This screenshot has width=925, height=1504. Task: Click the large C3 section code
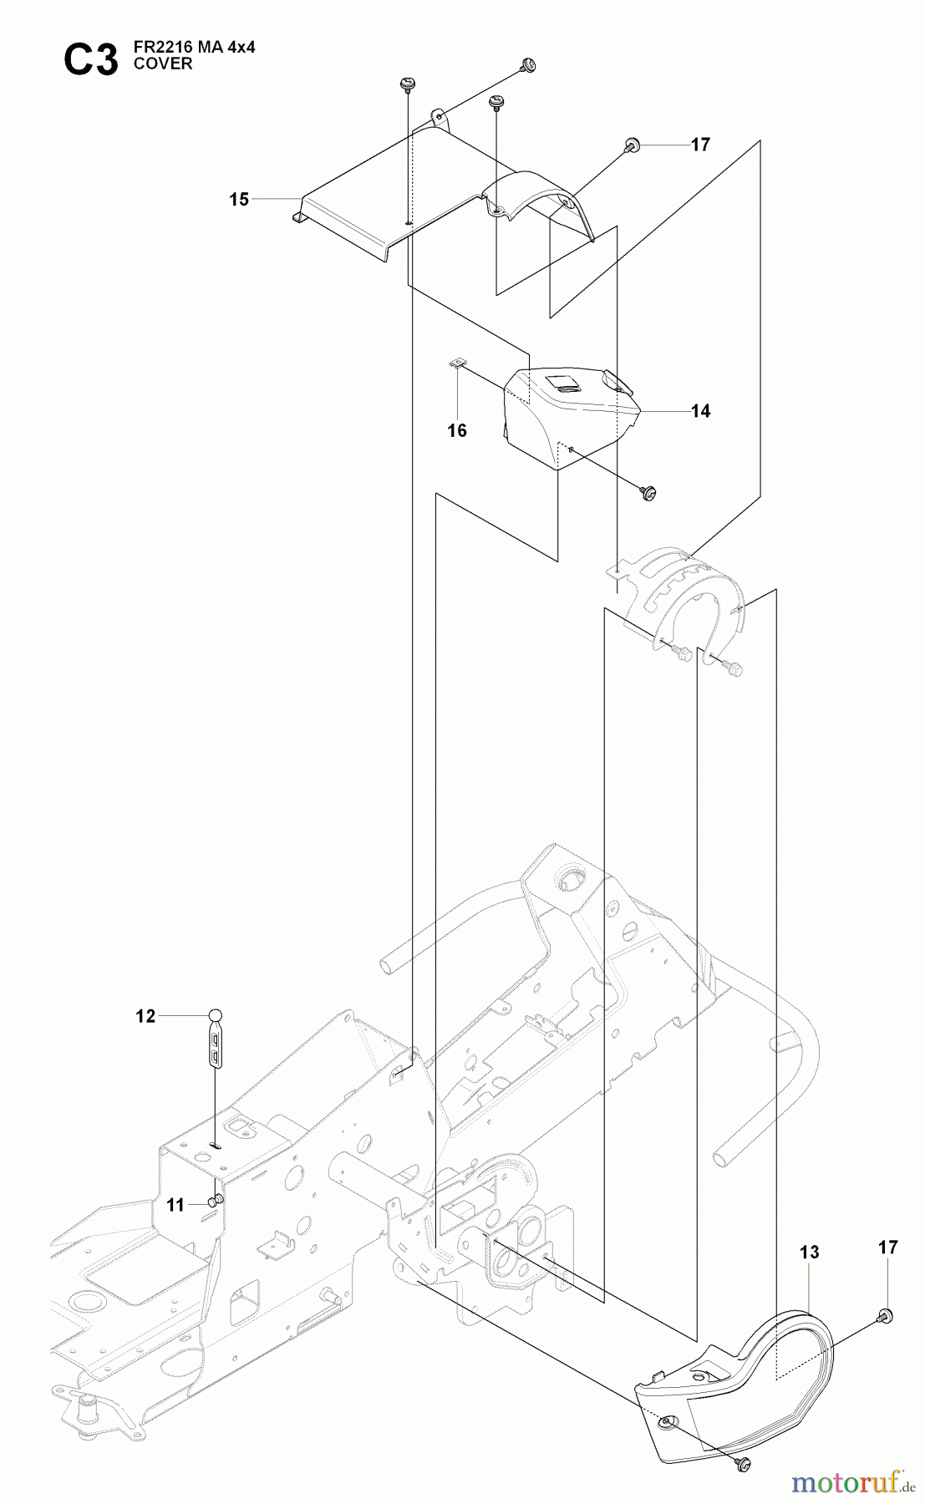click(x=91, y=60)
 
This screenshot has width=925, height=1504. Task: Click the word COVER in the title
click(x=162, y=64)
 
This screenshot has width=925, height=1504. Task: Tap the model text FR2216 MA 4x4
click(x=194, y=48)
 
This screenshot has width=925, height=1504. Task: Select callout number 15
click(x=239, y=200)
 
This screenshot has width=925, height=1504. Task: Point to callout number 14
click(x=700, y=411)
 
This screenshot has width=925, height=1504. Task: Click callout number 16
click(x=457, y=431)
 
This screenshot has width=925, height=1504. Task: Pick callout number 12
click(x=145, y=1017)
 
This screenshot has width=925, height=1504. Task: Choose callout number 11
click(x=175, y=1206)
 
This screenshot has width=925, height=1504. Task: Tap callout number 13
click(x=809, y=1252)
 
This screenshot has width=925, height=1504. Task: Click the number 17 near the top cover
click(x=700, y=145)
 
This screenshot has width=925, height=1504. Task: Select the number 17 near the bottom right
click(x=887, y=1247)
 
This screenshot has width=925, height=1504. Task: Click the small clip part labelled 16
click(x=455, y=363)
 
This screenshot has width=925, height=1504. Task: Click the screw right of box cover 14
click(x=648, y=493)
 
